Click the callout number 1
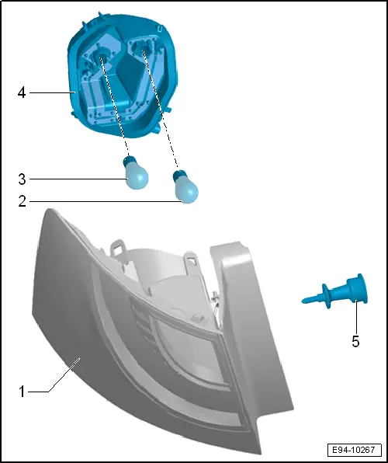(x=22, y=392)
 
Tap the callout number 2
(x=22, y=202)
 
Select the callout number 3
(x=22, y=179)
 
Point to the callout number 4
(x=22, y=93)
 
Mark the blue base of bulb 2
(x=179, y=173)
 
